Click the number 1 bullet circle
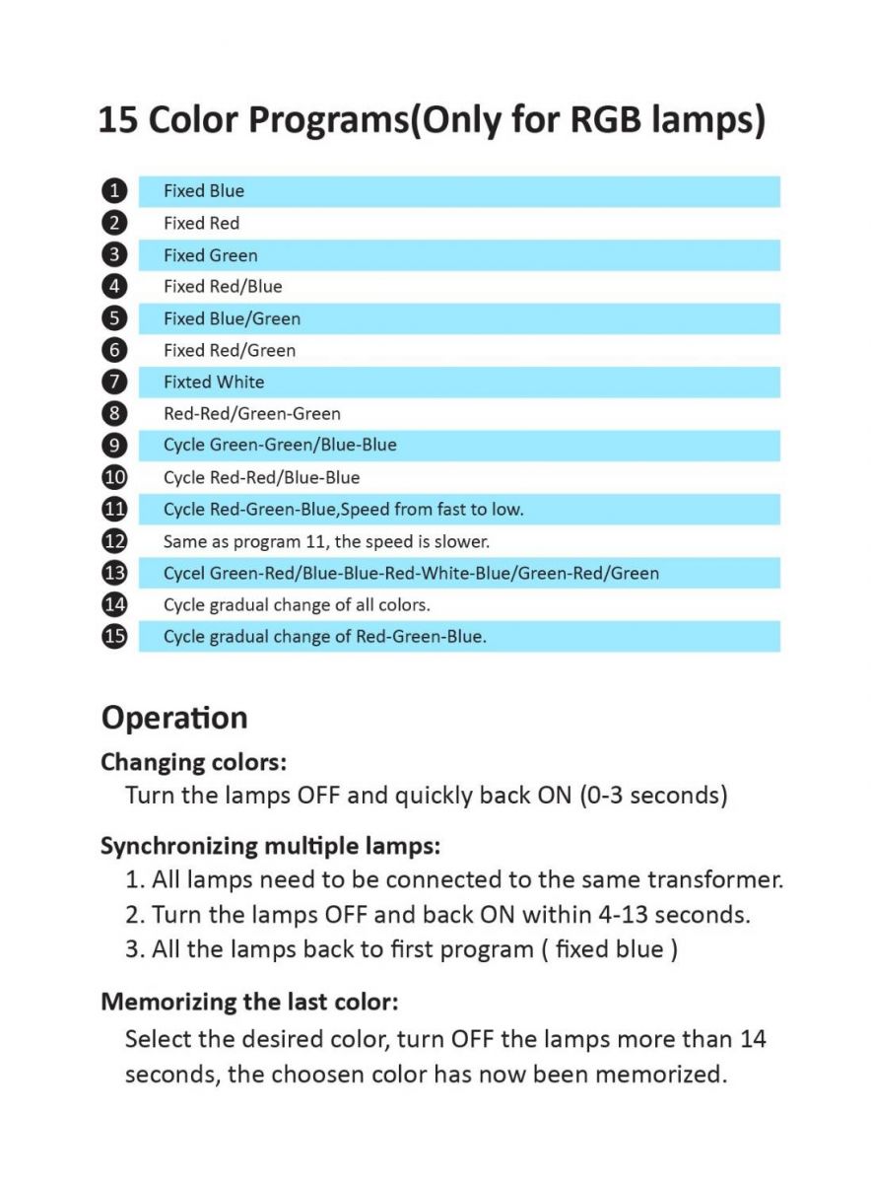pyautogui.click(x=115, y=191)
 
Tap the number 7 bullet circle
pyautogui.click(x=115, y=382)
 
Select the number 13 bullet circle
pyautogui.click(x=115, y=573)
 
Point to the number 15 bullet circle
pyautogui.click(x=115, y=636)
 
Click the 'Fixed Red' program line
pyautogui.click(x=201, y=224)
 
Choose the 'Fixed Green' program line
pyautogui.click(x=210, y=255)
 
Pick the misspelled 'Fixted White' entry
pyautogui.click(x=214, y=382)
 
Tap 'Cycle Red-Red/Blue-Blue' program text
pyautogui.click(x=261, y=478)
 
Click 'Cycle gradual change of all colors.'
pyautogui.click(x=297, y=604)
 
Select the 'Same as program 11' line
pyautogui.click(x=326, y=541)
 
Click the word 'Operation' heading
pyautogui.click(x=174, y=718)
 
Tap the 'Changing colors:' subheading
pyautogui.click(x=193, y=762)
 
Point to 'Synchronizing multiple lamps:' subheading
pyautogui.click(x=270, y=846)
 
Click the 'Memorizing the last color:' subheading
pyautogui.click(x=249, y=1003)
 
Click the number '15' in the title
pyautogui.click(x=117, y=120)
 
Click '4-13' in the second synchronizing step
pyautogui.click(x=623, y=914)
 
